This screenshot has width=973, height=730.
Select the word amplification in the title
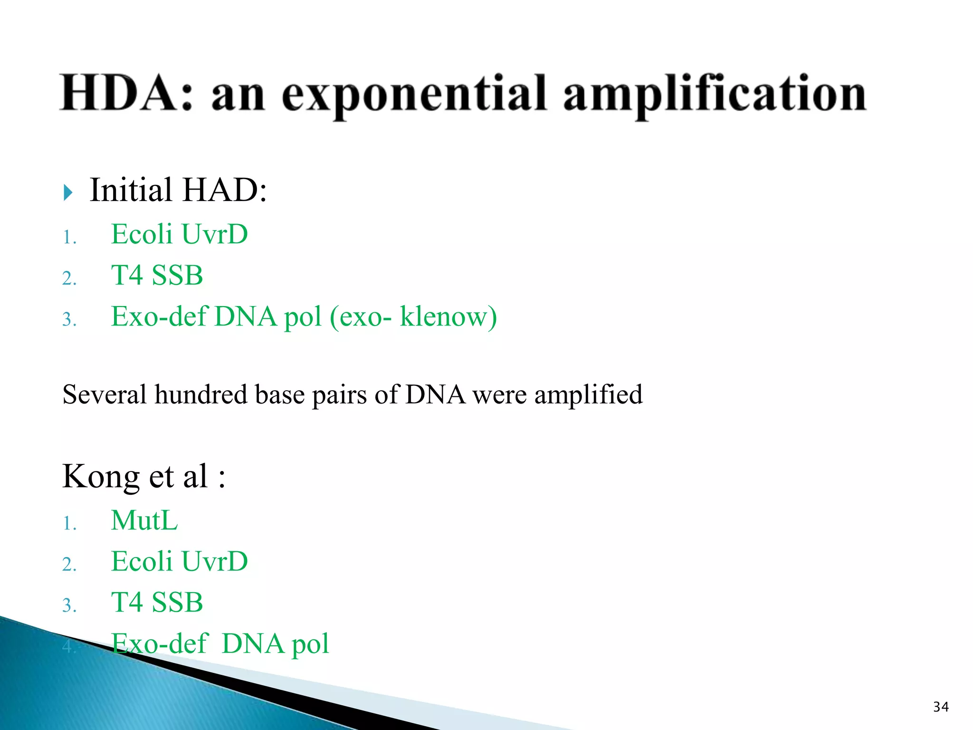click(x=715, y=95)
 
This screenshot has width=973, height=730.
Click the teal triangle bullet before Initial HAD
click(x=68, y=192)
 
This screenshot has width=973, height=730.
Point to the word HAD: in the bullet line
click(x=225, y=190)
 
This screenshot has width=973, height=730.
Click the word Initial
click(x=131, y=190)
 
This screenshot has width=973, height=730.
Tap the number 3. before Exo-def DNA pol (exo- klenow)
click(x=69, y=319)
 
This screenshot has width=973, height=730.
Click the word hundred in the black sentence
click(x=200, y=394)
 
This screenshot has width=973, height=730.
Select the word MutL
click(x=144, y=520)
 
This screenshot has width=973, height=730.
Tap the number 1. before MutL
click(x=69, y=524)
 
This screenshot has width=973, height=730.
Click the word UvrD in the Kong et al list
click(x=214, y=561)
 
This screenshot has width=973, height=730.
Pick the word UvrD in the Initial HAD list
click(x=214, y=234)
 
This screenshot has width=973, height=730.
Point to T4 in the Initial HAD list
click(x=127, y=276)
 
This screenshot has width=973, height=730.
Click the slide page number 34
click(x=941, y=707)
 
